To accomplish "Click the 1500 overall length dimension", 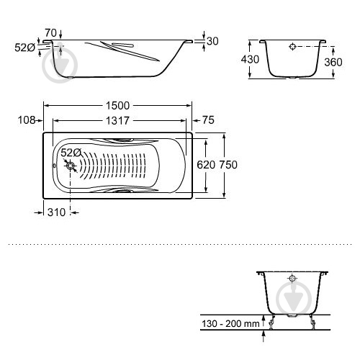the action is [x=117, y=106].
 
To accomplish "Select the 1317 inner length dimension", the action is [x=117, y=120].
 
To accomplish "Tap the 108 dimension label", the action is [x=27, y=120].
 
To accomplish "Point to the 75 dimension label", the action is [x=208, y=120].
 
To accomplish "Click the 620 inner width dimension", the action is [x=206, y=165].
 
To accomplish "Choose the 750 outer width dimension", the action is [x=228, y=165].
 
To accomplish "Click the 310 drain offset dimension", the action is [x=56, y=212].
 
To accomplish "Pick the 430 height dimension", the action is [x=250, y=59].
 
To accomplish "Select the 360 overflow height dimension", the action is [x=333, y=62].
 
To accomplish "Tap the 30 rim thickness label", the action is [x=212, y=41].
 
